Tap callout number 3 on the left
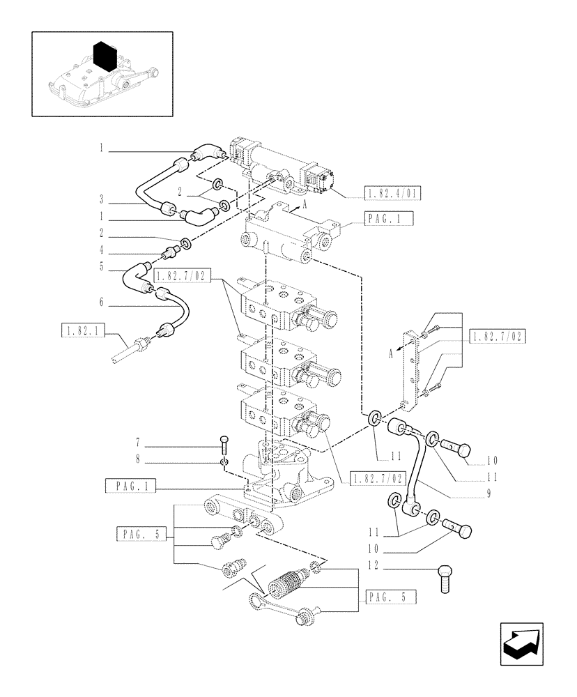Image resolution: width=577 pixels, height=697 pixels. coord(101,199)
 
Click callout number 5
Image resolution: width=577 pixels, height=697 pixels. coord(101,266)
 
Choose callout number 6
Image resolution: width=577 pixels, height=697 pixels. coord(101,301)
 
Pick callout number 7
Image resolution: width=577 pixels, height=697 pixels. coord(138,443)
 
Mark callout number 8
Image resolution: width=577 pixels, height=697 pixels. coord(138,459)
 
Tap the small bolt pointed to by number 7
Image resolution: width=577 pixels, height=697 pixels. coord(223,443)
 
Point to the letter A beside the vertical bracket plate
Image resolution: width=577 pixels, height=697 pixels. coord(392,354)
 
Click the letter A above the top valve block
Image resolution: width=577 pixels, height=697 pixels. coord(305,206)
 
